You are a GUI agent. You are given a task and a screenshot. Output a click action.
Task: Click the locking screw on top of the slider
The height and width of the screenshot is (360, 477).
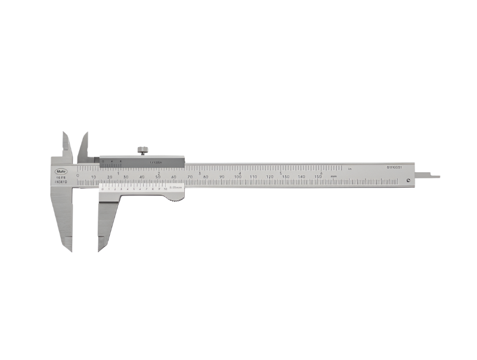(143, 150)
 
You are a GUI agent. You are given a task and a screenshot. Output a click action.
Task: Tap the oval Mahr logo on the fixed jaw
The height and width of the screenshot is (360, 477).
(61, 170)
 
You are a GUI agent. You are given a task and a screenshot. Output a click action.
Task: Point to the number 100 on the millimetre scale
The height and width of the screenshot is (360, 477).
(238, 177)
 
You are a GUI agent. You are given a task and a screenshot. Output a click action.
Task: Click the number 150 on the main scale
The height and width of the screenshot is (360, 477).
(318, 177)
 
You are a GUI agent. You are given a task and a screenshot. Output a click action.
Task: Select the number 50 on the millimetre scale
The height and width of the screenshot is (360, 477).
(158, 177)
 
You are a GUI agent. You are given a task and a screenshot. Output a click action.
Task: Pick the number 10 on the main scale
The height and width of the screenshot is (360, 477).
(94, 177)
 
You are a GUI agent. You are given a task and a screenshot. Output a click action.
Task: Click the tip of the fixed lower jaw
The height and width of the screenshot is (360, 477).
(69, 249)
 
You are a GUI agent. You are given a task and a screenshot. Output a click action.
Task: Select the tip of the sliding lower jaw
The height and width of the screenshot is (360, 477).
(100, 249)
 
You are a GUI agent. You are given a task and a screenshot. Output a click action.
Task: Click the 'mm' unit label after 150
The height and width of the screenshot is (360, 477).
(334, 177)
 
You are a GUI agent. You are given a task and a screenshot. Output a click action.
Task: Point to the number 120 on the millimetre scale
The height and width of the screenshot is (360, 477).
(270, 177)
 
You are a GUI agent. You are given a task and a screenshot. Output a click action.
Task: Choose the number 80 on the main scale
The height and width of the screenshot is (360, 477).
(206, 177)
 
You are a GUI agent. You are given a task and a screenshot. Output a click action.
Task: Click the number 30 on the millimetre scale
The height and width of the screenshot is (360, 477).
(126, 177)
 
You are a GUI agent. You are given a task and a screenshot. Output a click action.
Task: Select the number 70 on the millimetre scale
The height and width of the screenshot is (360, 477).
(190, 177)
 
